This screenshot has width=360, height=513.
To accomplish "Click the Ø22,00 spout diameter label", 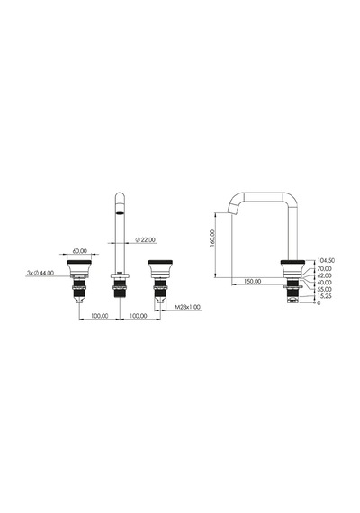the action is pos(146,239).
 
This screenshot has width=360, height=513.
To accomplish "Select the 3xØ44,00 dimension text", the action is pos(40,273).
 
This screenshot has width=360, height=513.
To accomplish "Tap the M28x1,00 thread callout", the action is pos(187,307).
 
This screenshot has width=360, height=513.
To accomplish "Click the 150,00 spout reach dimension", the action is pos(252,281).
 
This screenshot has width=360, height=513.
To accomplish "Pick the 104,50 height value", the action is pos(325,260).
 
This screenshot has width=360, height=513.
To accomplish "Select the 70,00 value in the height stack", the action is pos(324,269).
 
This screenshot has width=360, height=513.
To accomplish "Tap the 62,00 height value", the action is pos(324,275).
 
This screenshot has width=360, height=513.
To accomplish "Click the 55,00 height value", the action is pos(324,289).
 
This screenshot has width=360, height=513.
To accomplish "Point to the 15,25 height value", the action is pos(324,296).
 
